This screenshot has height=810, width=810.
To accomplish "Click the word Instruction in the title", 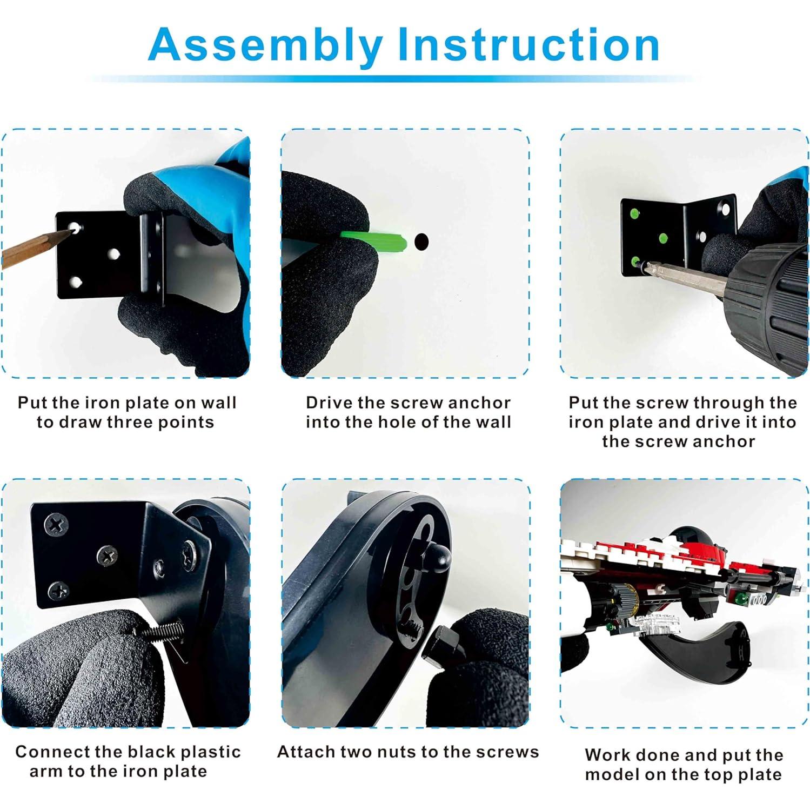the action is [528, 44].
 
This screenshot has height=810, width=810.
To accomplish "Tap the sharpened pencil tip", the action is [70, 232].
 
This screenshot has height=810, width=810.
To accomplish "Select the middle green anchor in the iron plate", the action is [660, 238].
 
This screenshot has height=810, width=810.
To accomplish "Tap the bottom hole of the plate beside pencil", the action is [76, 282].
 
